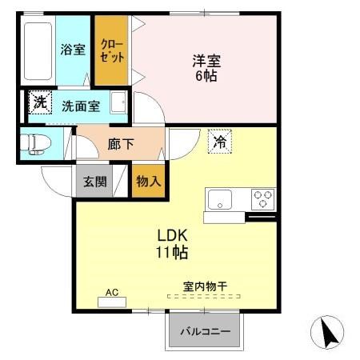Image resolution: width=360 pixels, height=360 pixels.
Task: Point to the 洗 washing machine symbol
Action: point(39,102)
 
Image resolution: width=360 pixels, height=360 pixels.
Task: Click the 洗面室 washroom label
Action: point(81,105)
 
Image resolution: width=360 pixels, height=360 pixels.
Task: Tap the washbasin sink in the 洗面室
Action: point(118,103)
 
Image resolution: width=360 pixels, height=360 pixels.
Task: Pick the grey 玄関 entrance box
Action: point(95,182)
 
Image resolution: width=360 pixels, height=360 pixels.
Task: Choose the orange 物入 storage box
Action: point(148,182)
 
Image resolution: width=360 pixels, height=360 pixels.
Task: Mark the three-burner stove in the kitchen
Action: point(262,198)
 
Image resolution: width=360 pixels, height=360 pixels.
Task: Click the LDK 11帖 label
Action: point(171,244)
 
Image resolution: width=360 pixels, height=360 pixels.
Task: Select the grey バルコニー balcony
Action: point(204,330)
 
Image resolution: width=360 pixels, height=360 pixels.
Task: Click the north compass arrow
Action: point(327,331)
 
